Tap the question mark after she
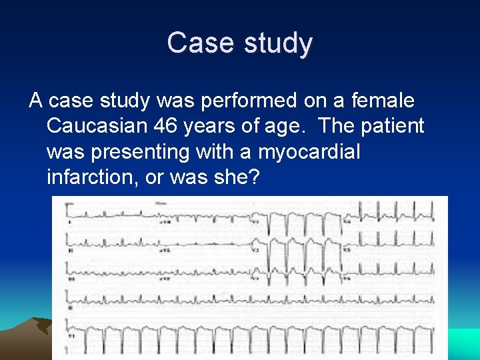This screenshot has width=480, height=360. [255, 178]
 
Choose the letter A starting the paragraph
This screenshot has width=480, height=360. [36, 101]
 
